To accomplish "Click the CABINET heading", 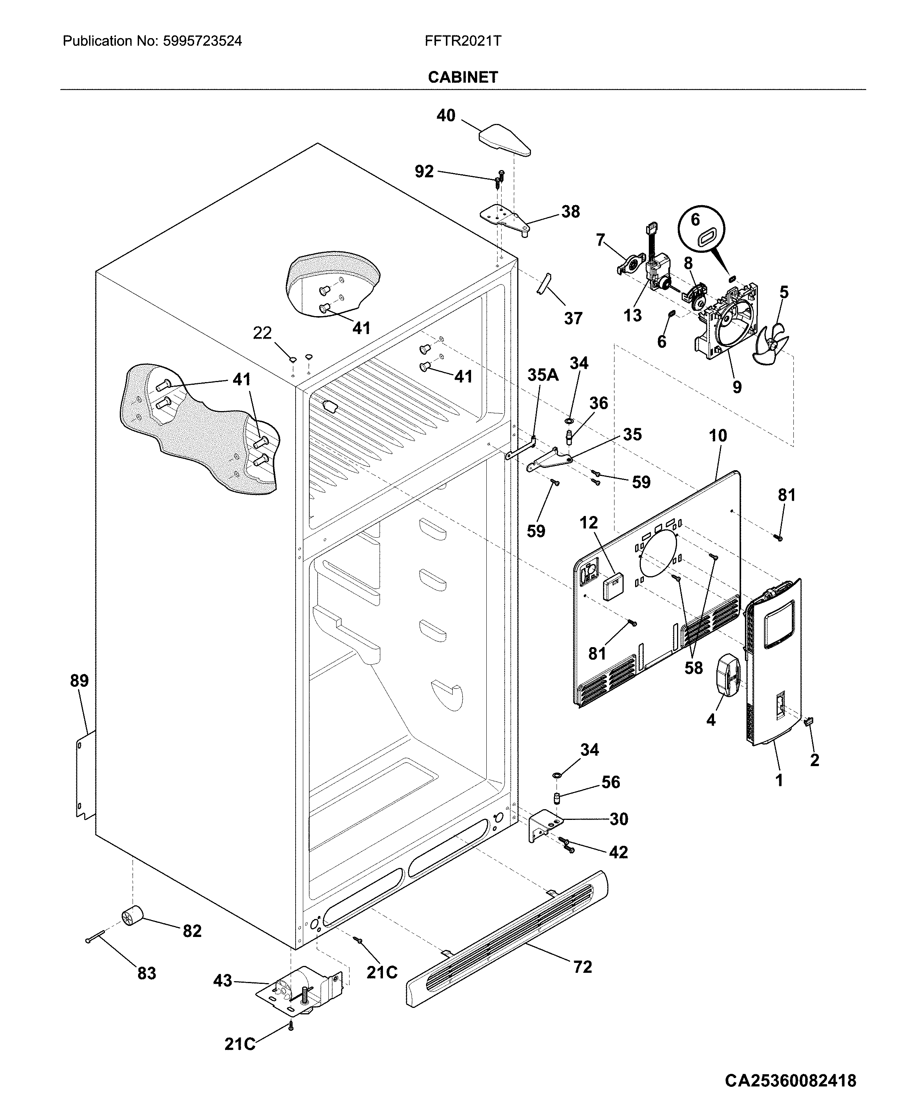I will tap(462, 77).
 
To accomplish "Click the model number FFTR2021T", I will tap(462, 41).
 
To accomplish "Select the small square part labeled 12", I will tap(612, 587).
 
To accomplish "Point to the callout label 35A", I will tap(543, 375).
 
